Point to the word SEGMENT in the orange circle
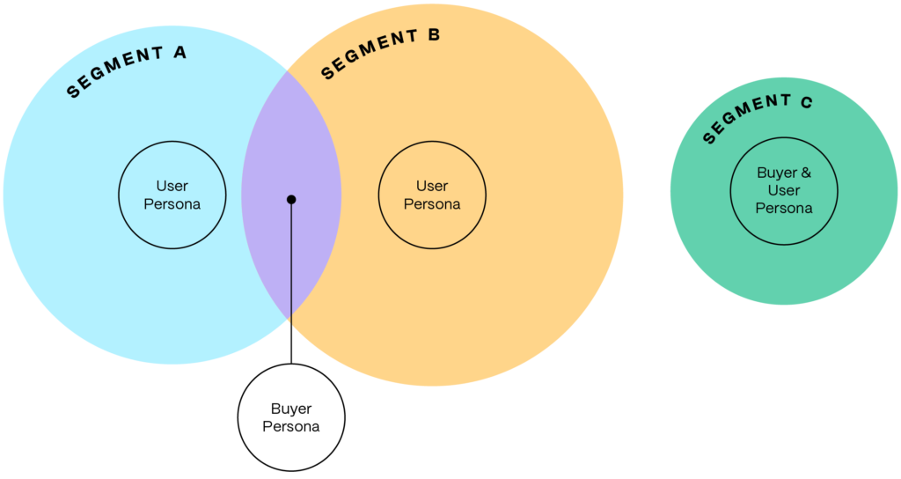[369, 55]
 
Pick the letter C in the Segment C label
[806, 103]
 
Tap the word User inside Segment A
[172, 186]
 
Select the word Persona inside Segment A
[172, 204]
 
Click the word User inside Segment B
[432, 186]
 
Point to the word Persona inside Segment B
[432, 204]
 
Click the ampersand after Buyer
[805, 173]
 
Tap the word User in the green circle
[783, 190]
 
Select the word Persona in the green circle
[783, 209]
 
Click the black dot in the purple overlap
[291, 200]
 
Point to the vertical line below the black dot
[291, 264]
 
